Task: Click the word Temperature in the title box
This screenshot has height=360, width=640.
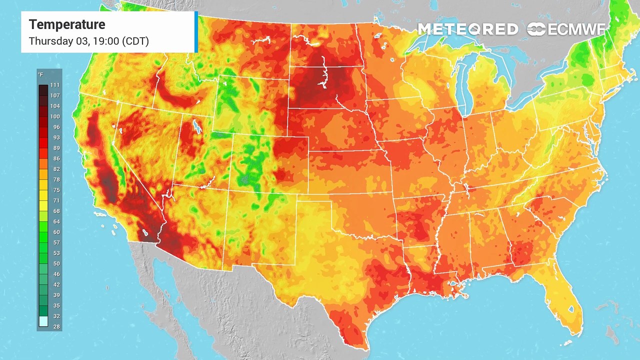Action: coord(67,24)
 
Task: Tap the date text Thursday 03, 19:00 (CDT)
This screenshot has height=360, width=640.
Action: coord(89,41)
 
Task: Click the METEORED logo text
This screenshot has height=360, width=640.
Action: coord(467,29)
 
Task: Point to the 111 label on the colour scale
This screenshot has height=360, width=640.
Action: coord(54,85)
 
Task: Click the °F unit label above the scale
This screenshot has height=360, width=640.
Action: coord(40,75)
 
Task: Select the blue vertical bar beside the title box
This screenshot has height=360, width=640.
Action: coord(196,32)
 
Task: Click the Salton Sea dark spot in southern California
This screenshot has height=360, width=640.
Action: coord(145,232)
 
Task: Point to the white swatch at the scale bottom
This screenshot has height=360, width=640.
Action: coord(43,321)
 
